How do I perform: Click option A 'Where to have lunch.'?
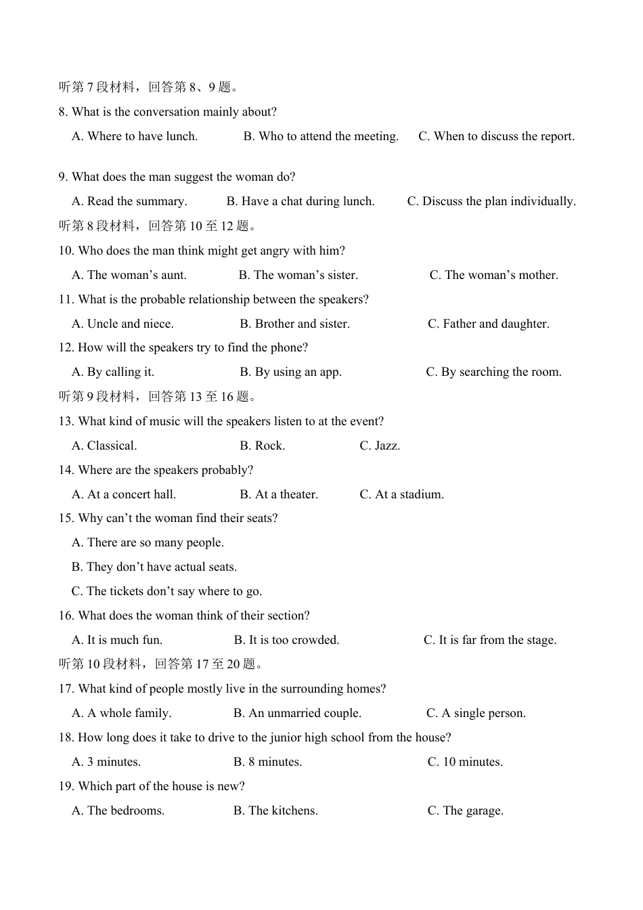135,137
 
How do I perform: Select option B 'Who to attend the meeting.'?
321,137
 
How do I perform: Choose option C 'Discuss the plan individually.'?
491,202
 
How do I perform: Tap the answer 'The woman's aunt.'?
129,275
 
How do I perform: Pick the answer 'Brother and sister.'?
294,324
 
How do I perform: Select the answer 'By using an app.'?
290,372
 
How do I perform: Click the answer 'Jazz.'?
380,446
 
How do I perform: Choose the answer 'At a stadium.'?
401,494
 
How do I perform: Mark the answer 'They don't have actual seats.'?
154,567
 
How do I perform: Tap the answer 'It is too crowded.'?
286,640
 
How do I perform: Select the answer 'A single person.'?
476,713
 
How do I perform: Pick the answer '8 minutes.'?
267,762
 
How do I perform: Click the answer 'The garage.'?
465,810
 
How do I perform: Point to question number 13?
66,421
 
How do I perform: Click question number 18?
66,737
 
